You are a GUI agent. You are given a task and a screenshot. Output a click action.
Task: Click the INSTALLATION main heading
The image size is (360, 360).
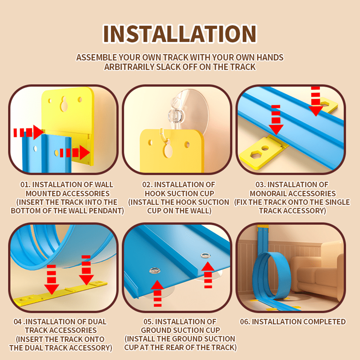[x=180, y=34]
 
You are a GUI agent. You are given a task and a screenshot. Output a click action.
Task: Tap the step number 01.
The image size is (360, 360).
[x=25, y=185]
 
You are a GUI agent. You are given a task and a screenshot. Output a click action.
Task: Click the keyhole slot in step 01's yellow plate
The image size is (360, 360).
[x=63, y=104]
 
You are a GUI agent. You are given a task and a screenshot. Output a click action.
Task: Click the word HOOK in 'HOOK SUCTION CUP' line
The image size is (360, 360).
[x=155, y=194]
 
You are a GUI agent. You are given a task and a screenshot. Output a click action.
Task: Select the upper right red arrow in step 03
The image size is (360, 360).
[x=316, y=101]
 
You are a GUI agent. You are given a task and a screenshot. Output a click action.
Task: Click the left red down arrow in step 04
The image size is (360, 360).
[x=51, y=279]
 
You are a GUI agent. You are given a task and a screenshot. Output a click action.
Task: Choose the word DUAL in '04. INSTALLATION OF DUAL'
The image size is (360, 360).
[x=97, y=321]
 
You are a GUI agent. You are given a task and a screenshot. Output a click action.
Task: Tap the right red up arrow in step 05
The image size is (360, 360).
[x=208, y=275]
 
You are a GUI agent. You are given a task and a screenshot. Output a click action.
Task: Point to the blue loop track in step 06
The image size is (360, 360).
[x=257, y=275]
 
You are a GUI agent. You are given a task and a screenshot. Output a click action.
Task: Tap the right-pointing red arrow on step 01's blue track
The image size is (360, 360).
[x=75, y=152]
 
